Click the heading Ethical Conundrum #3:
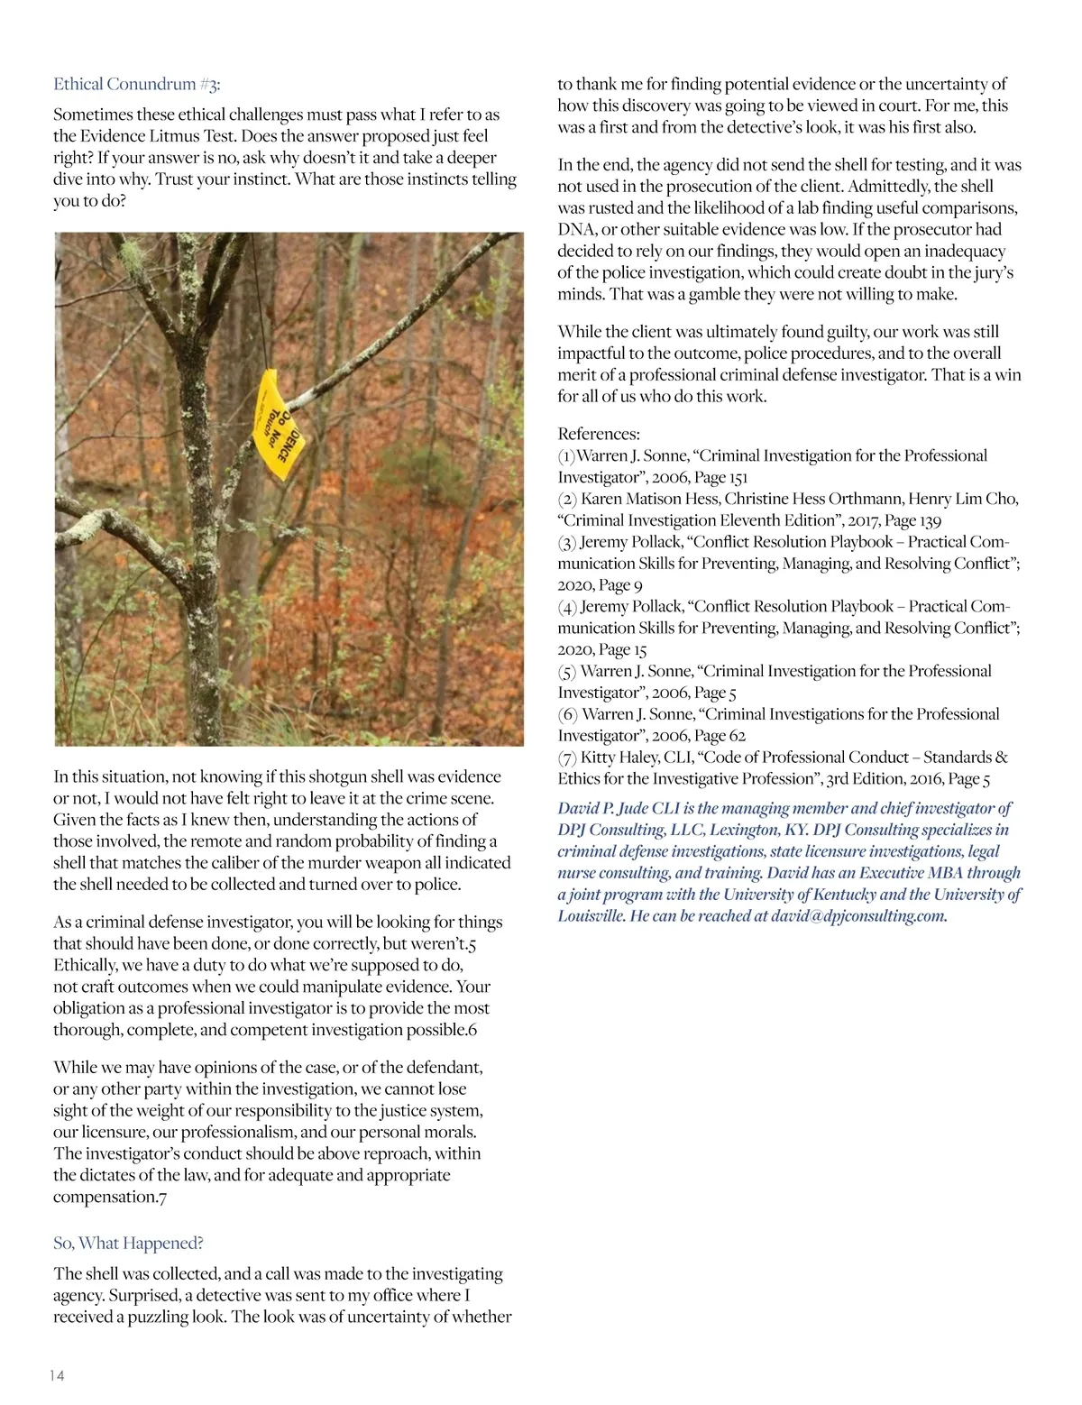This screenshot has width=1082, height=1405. [x=137, y=84]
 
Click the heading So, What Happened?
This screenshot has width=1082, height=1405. [x=128, y=1243]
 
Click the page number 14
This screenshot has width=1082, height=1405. [x=56, y=1375]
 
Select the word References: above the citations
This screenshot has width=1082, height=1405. [x=599, y=434]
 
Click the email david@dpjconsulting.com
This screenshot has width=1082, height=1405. [x=858, y=916]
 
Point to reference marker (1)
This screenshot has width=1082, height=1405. [x=566, y=456]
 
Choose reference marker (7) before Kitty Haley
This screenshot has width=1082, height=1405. [x=567, y=758]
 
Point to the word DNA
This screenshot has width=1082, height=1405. [x=574, y=230]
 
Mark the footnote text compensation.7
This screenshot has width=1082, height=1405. [x=110, y=1197]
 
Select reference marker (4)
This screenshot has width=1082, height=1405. [x=567, y=607]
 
